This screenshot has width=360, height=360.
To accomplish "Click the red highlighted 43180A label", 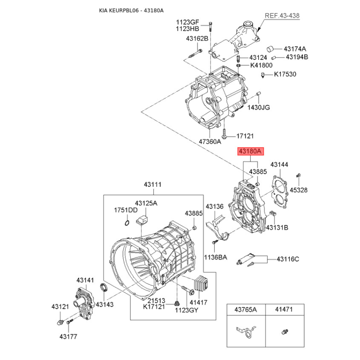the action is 250,151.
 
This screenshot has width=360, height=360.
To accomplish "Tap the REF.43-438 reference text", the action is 282,16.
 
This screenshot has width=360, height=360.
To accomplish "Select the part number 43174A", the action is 295,49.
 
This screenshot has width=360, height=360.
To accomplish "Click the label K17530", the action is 285,74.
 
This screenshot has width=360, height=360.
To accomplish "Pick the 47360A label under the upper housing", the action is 210,142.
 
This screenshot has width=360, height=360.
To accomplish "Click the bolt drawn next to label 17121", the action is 224,134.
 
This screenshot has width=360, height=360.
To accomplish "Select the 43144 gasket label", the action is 279,164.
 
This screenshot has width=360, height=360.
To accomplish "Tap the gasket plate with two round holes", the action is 279,192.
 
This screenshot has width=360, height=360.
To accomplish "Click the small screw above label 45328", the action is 298,175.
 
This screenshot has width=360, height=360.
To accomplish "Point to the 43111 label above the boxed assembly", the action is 153,184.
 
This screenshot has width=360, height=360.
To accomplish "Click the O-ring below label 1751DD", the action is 127,223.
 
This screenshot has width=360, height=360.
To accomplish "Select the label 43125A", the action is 146,203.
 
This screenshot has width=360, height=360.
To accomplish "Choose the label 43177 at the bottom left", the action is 68,337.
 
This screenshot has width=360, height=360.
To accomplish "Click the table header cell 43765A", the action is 246,310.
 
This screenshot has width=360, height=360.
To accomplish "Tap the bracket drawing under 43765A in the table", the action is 246,332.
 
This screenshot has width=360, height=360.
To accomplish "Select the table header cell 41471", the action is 285,310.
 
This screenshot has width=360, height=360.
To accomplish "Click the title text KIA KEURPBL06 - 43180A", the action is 131,10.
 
